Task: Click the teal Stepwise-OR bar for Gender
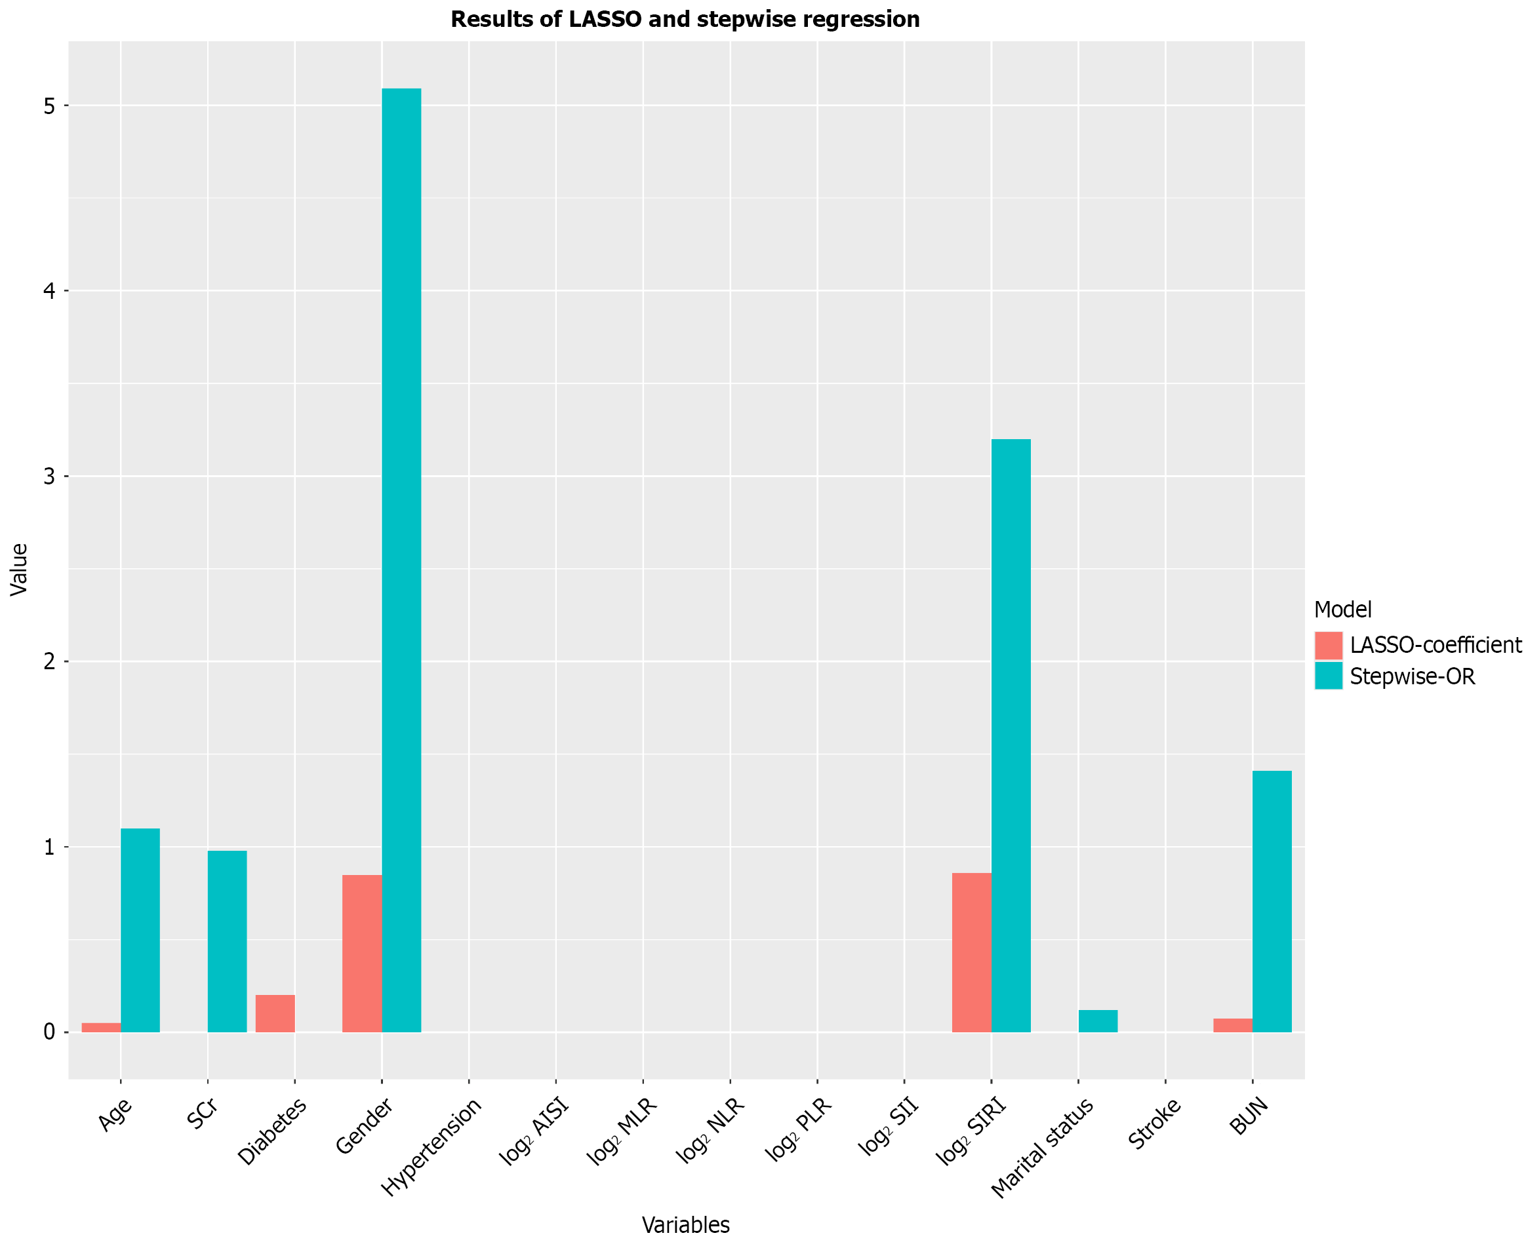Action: pos(401,560)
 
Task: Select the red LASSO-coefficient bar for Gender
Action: pos(362,953)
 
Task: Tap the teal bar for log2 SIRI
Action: pos(1011,735)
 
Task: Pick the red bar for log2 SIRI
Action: pos(972,952)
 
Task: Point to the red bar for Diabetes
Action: pos(275,1013)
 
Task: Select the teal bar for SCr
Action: pos(227,941)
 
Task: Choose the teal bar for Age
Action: pos(140,930)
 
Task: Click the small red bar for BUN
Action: pos(1232,1025)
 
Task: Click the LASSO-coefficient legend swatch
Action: pos(1328,645)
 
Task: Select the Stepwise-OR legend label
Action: pos(1412,677)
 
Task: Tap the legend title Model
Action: pos(1342,610)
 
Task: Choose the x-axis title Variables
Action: pos(685,1225)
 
